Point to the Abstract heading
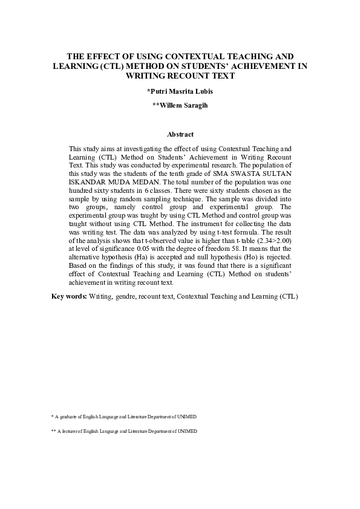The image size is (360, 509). click(180, 134)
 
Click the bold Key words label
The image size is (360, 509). click(69, 297)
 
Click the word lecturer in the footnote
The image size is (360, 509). click(71, 431)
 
